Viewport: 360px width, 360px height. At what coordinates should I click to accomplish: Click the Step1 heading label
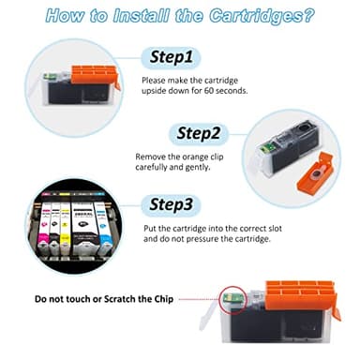tap(172, 57)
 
